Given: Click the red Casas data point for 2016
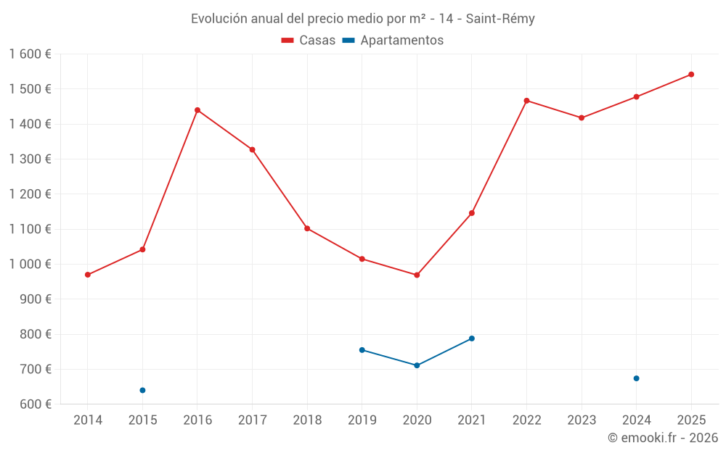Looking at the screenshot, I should (x=197, y=110).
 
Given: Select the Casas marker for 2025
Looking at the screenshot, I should (x=691, y=74).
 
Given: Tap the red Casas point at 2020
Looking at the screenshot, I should (x=417, y=275).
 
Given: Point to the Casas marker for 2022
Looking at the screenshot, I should (x=526, y=101).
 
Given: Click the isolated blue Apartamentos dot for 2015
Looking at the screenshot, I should (x=142, y=391).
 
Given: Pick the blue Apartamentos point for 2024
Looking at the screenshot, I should (x=637, y=378).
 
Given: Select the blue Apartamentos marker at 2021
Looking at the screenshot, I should (x=472, y=338).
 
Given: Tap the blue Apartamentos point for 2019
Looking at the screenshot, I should (x=362, y=350).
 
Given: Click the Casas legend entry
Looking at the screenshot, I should (x=309, y=41).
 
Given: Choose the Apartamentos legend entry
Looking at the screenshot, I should (x=393, y=41).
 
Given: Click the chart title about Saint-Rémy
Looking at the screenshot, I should (x=362, y=19).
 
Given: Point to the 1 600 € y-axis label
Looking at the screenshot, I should (x=30, y=54).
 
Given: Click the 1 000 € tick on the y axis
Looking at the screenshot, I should (x=30, y=265).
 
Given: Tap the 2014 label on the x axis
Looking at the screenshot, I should (x=88, y=420).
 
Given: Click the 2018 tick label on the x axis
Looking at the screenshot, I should (x=307, y=420).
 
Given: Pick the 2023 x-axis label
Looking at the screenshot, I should (x=582, y=420).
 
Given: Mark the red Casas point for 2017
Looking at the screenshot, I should (x=252, y=150).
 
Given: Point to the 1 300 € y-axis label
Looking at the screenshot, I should (x=30, y=159).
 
